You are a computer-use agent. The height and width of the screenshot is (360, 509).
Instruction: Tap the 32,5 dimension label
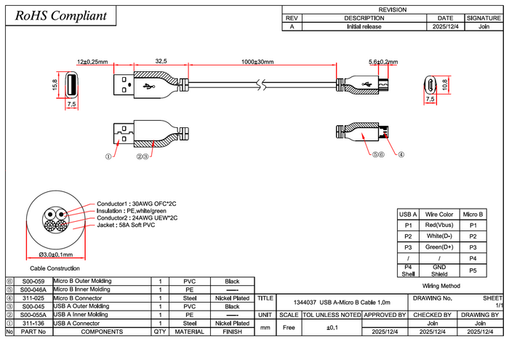click(x=161, y=62)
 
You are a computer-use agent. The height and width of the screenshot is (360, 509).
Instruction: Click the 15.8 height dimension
click(x=55, y=85)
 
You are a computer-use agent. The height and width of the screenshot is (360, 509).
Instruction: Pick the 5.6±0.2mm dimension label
click(x=383, y=62)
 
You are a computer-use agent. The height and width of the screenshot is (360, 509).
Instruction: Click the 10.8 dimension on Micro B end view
click(x=445, y=84)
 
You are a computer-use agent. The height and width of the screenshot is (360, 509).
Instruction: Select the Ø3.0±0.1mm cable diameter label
click(x=56, y=255)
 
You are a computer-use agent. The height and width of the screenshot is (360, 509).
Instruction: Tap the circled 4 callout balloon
click(x=401, y=154)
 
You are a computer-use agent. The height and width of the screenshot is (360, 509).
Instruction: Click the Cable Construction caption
click(x=55, y=268)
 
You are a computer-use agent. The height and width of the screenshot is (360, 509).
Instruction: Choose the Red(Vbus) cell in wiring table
click(x=439, y=226)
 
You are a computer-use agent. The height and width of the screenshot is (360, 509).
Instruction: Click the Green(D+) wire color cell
click(x=439, y=247)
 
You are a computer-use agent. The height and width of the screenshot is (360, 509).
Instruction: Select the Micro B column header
click(x=473, y=215)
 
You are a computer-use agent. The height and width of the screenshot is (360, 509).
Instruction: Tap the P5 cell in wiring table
click(x=473, y=271)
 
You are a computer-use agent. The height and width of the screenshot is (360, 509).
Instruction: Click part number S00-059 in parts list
click(x=33, y=281)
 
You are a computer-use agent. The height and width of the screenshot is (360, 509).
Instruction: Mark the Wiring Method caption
click(x=441, y=286)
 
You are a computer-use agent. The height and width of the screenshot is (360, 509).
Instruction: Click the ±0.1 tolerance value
click(x=331, y=327)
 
